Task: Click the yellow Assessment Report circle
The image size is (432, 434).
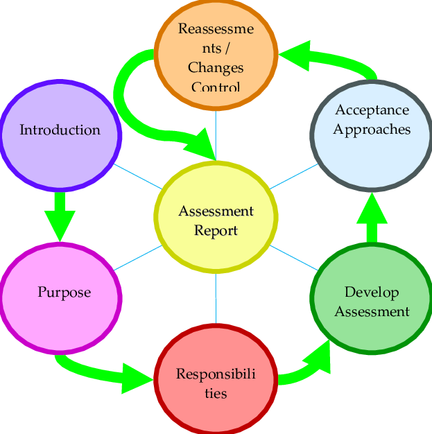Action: pos(216,216)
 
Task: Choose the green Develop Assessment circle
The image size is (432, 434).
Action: pos(372,298)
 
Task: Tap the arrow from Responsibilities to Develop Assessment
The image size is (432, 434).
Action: pos(305,367)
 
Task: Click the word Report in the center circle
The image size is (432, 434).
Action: pos(216,231)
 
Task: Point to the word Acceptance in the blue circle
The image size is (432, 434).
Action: pos(372,110)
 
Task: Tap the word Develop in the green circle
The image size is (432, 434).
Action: pos(372,292)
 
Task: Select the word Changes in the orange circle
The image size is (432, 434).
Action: pos(216,68)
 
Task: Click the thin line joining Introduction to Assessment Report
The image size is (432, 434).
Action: pos(137,176)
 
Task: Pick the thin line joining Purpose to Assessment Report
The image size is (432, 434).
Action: pos(137,257)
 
